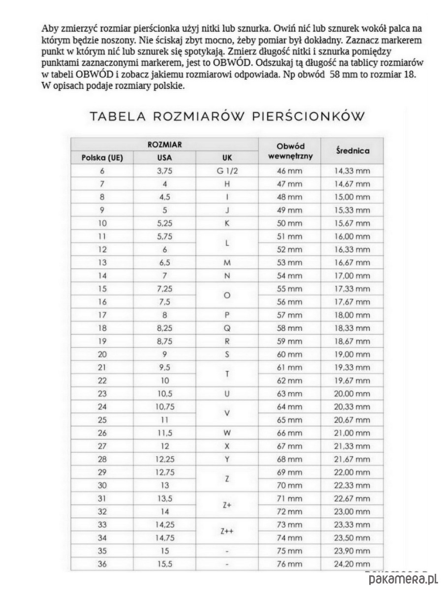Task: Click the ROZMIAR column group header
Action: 164,145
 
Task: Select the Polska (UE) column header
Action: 102,158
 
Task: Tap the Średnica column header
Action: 352,150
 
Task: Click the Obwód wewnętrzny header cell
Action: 290,151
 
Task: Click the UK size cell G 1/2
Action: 227,171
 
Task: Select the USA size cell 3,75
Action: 165,171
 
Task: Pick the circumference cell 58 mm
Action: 290,328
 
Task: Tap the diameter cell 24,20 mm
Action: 352,564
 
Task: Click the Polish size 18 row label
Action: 102,328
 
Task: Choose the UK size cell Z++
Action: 227,531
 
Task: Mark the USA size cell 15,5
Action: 165,564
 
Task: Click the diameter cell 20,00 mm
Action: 352,393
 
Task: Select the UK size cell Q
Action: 227,328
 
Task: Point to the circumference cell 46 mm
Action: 290,171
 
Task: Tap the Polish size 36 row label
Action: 102,564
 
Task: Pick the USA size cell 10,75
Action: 165,407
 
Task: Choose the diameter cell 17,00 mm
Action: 352,275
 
